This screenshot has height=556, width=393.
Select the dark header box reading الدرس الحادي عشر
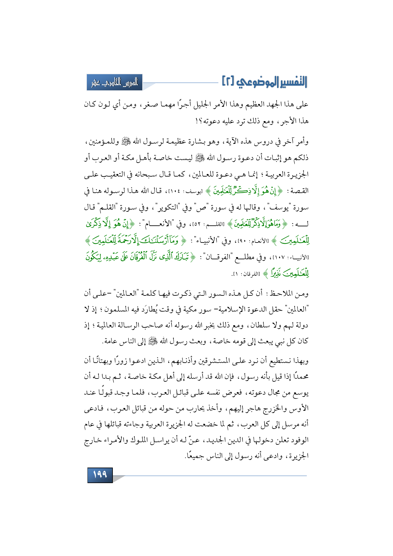coord(114,82)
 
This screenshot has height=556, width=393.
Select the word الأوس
coord(301,409)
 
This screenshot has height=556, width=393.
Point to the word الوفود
coord(300,440)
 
